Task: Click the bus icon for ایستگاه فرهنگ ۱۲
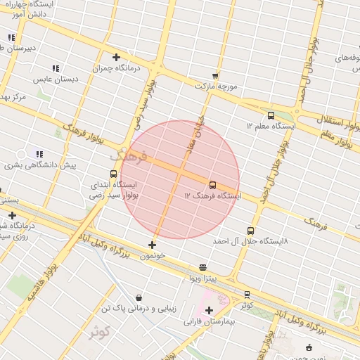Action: pos(213,185)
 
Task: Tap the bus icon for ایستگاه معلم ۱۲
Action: pos(271,115)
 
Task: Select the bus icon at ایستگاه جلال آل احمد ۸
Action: pos(250,231)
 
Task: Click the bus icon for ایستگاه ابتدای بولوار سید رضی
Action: pos(113,174)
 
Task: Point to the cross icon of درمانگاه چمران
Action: pos(116,58)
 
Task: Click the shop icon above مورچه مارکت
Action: pos(214,75)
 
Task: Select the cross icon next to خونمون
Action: pos(152,245)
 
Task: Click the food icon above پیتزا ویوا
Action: pos(203,267)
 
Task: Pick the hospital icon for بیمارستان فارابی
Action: pos(209,310)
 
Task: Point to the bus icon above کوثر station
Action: pos(247,295)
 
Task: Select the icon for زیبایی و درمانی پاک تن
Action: pos(138,297)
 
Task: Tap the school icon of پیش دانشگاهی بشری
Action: pos(39,154)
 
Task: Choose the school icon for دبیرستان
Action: pos(11,37)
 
